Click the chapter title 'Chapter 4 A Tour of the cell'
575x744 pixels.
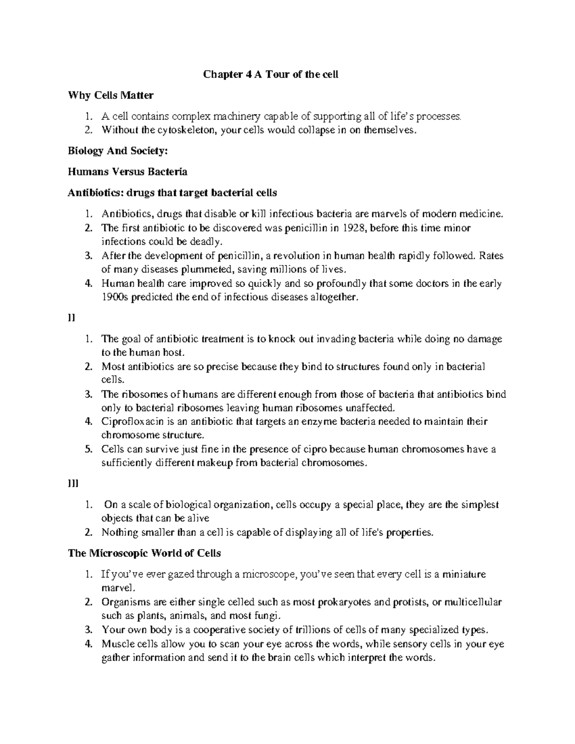tap(271, 74)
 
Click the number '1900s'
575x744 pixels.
tap(114, 297)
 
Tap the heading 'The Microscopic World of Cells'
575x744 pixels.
tap(144, 553)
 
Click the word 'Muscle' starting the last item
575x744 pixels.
tap(116, 644)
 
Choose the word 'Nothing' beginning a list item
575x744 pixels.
tap(118, 533)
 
